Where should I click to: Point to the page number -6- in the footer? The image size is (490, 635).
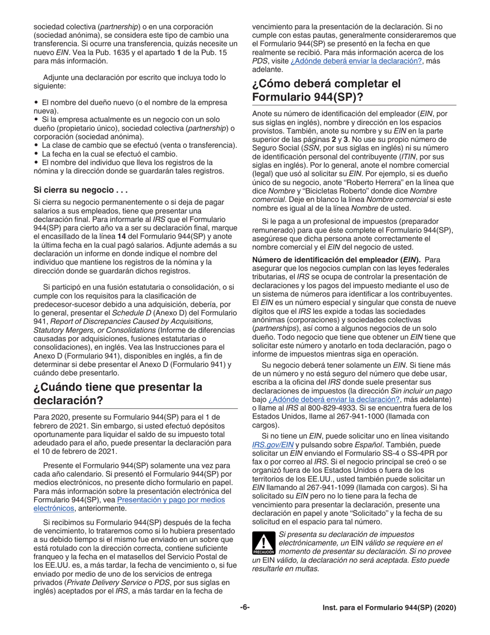tap(244, 608)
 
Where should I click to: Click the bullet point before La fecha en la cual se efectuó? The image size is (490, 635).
tap(37, 154)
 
